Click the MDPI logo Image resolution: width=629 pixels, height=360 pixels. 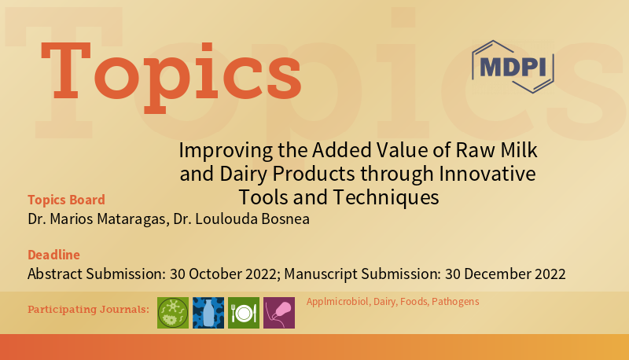click(513, 66)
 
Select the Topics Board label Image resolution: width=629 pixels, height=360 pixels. click(66, 200)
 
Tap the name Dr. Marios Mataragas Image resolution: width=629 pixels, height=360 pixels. click(96, 219)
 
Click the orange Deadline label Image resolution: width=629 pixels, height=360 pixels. click(53, 255)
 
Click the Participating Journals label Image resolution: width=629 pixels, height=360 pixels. click(88, 309)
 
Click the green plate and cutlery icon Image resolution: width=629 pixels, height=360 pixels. click(244, 313)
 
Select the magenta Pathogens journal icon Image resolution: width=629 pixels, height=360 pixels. click(279, 313)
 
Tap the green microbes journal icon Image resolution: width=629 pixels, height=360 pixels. click(173, 313)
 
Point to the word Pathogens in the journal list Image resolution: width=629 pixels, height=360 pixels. click(457, 302)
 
